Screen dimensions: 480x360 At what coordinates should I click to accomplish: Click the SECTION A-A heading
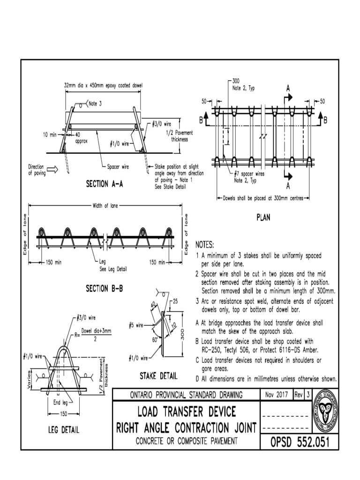(x=104, y=185)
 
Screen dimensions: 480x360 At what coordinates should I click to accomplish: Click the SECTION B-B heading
(x=104, y=289)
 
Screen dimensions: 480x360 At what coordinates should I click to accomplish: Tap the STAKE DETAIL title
(x=158, y=375)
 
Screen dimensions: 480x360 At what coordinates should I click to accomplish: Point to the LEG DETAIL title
(x=64, y=429)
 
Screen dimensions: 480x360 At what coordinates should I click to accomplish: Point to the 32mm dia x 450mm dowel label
(x=103, y=85)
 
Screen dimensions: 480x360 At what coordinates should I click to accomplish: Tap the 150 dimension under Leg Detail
(x=65, y=414)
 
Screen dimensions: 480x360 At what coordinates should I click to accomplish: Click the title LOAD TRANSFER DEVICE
(x=186, y=412)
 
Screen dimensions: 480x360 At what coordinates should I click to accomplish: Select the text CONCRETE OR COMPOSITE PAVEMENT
(x=186, y=441)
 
